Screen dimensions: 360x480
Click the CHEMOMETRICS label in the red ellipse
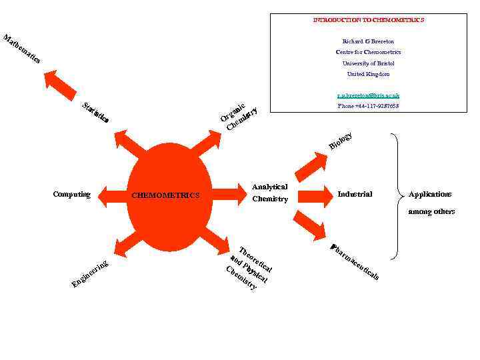click(x=165, y=195)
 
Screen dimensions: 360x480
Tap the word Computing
click(x=71, y=195)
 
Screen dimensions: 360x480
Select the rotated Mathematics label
click(x=22, y=49)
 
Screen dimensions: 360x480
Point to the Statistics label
click(x=95, y=113)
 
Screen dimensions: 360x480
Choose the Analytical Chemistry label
click(x=270, y=193)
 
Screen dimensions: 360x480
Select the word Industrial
click(x=355, y=194)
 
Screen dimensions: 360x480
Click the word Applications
click(x=430, y=194)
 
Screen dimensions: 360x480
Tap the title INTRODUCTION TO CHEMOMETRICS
click(x=369, y=20)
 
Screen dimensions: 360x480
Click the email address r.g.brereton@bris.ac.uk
click(x=369, y=96)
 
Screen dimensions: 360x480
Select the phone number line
click(x=369, y=106)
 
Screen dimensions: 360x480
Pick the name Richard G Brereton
click(x=369, y=41)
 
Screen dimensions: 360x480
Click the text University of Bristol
click(x=369, y=63)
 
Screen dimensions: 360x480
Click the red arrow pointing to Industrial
click(x=310, y=195)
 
